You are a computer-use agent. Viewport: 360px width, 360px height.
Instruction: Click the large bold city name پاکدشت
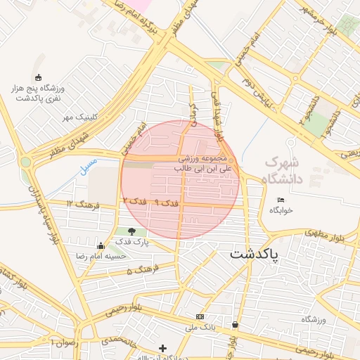click(x=254, y=252)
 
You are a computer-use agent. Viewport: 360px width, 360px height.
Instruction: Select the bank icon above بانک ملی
click(x=200, y=317)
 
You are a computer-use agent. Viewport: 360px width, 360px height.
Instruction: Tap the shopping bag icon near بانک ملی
click(x=234, y=325)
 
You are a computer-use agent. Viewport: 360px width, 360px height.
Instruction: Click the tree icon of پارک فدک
click(x=131, y=231)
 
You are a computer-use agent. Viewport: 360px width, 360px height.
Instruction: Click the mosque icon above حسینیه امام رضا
click(x=101, y=245)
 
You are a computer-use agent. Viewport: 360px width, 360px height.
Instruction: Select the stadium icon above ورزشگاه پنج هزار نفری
click(x=37, y=77)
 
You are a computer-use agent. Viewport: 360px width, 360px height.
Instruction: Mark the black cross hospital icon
click(x=162, y=348)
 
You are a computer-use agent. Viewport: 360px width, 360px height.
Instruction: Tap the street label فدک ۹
click(x=167, y=202)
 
